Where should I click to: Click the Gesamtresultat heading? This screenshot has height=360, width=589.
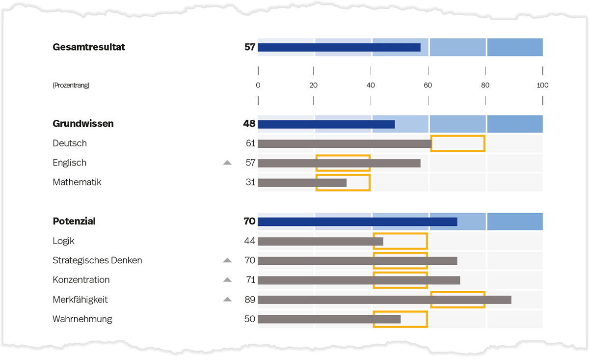(89, 47)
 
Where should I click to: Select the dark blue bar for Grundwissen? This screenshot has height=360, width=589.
(326, 124)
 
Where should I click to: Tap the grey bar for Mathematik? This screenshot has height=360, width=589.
(302, 183)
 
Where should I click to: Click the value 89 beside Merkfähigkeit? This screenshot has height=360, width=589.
(250, 300)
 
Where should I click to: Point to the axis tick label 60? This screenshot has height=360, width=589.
(428, 85)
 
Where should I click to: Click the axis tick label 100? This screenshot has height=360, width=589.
(542, 85)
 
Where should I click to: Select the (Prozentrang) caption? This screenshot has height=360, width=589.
(71, 85)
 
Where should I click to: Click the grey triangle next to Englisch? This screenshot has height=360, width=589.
(227, 163)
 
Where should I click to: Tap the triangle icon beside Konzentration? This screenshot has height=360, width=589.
(227, 280)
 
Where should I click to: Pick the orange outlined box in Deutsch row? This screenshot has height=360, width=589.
(457, 143)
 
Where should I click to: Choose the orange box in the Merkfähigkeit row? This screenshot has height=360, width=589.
(457, 300)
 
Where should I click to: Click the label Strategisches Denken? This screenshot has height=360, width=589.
(97, 260)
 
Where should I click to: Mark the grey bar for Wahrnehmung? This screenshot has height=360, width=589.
(329, 319)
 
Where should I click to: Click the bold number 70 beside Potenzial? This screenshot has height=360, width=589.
(249, 222)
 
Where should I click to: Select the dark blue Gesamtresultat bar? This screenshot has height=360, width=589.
(339, 48)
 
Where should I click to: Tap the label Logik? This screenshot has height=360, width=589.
(64, 241)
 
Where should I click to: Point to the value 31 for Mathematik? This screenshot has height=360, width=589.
(250, 183)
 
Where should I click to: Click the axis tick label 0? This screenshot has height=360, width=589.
(258, 85)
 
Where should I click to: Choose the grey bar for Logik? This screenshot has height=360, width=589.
(320, 241)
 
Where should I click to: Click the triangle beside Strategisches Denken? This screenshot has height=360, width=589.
(227, 260)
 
